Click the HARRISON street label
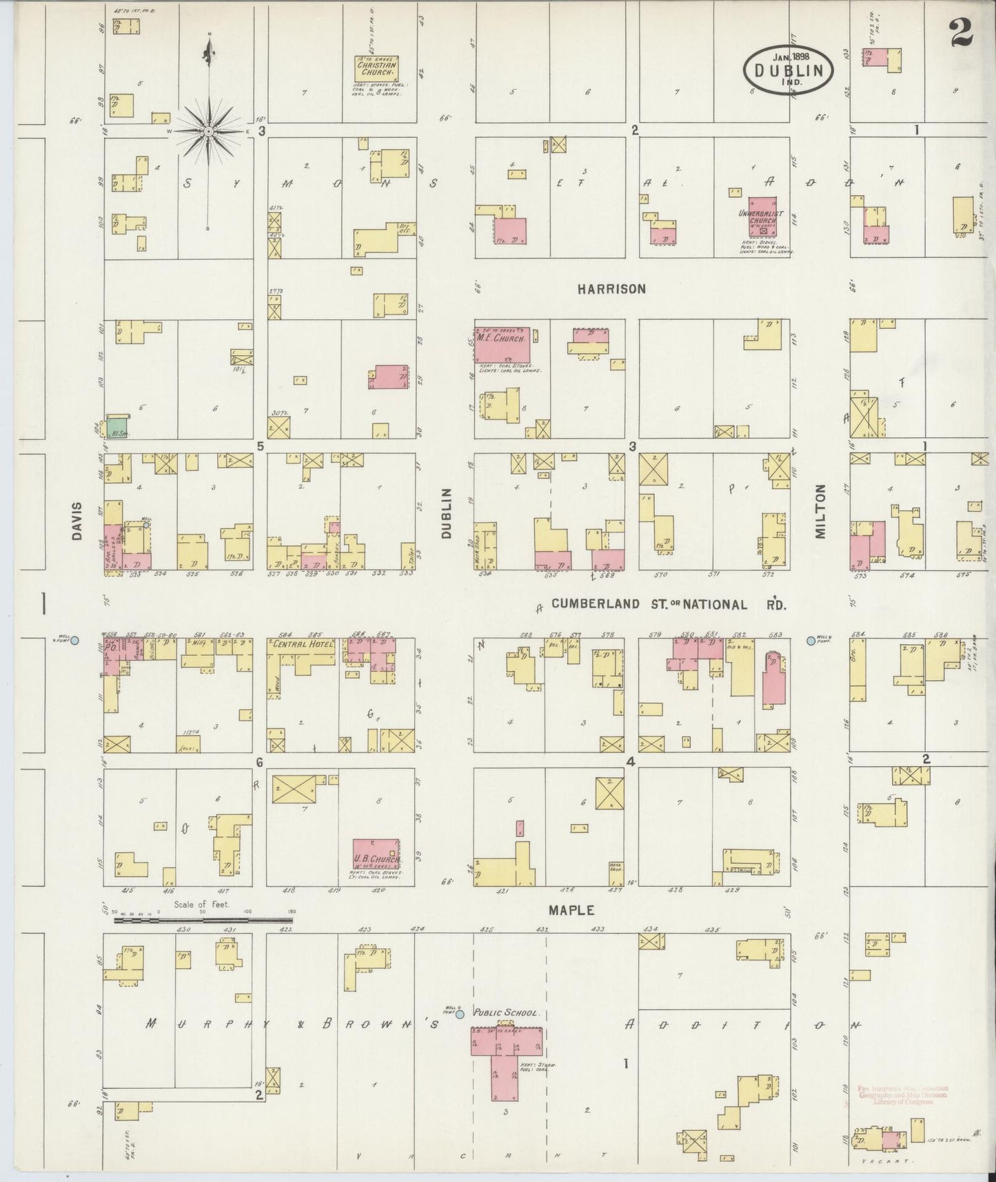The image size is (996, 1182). (611, 289)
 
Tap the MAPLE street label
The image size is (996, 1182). (571, 910)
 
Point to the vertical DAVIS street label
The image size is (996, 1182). (77, 521)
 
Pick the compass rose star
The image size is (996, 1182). (208, 131)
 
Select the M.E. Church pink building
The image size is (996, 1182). (501, 344)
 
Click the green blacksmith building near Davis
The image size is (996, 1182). (117, 427)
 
